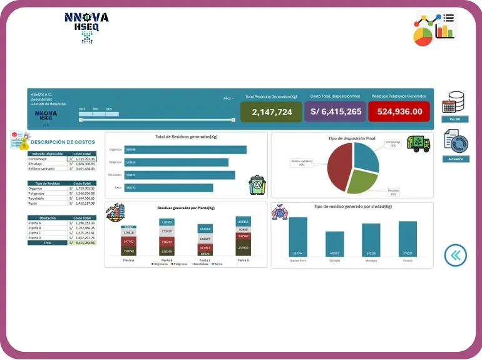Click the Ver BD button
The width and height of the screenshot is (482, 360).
pos(454,118)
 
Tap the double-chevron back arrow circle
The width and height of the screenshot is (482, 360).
pos(456,254)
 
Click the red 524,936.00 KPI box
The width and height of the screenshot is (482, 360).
pos(399,111)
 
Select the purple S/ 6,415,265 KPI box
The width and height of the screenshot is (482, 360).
pos(336,111)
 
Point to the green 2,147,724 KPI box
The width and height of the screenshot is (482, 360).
pos(272,111)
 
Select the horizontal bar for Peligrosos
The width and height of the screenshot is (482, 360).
pos(176,162)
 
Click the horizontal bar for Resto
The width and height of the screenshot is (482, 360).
pos(168,188)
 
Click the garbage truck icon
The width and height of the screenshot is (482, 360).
pos(418,143)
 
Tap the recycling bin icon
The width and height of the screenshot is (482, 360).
pos(257,185)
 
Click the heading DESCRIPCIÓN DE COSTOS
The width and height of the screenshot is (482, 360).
pos(63,142)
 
